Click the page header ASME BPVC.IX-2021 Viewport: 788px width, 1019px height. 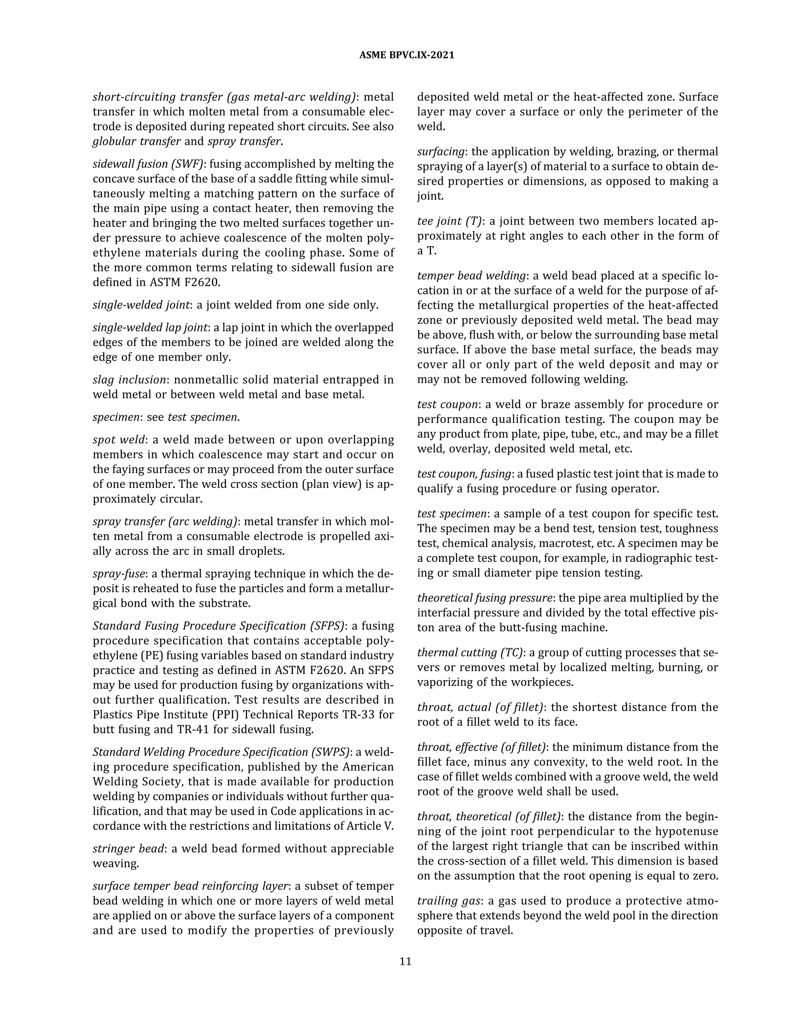(x=407, y=55)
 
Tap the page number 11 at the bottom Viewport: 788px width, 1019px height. (x=405, y=961)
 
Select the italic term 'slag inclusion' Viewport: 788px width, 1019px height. (x=129, y=380)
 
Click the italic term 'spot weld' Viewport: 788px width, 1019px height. (x=119, y=440)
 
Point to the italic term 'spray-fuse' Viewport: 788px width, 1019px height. (x=119, y=573)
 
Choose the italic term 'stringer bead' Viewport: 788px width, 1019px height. (x=128, y=848)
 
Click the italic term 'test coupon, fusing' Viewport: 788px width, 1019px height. (x=464, y=474)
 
